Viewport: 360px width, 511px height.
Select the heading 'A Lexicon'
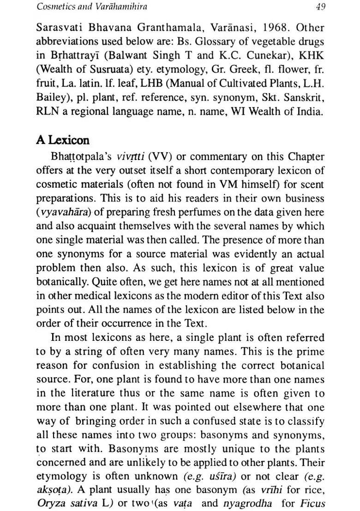(63, 140)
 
